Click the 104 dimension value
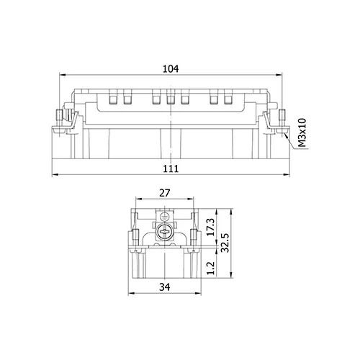[x=171, y=69]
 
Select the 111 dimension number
[x=171, y=168]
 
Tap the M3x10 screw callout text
[x=302, y=132]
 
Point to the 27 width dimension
[x=165, y=193]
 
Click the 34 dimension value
[x=165, y=287]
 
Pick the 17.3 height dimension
[x=211, y=228]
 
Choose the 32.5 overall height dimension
[x=225, y=243]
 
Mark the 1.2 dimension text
[x=210, y=268]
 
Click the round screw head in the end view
[x=164, y=232]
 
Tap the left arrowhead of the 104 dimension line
[x=62, y=75]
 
